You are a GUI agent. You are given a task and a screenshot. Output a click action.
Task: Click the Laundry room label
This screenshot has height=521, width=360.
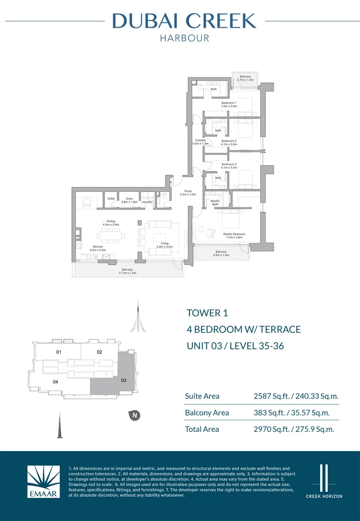(x=147, y=202)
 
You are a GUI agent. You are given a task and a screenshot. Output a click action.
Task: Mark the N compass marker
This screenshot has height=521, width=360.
(x=135, y=415)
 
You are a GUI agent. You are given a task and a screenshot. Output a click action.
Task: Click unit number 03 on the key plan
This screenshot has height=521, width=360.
(x=123, y=380)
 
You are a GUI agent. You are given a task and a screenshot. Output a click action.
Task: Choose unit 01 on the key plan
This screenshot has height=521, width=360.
(x=59, y=352)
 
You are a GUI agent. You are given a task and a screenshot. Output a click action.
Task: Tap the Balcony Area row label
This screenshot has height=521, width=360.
(x=207, y=413)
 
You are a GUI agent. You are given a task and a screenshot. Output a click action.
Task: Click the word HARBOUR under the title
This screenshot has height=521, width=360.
(x=184, y=38)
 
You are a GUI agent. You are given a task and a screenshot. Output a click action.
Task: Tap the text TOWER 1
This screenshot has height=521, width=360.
(x=207, y=313)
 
